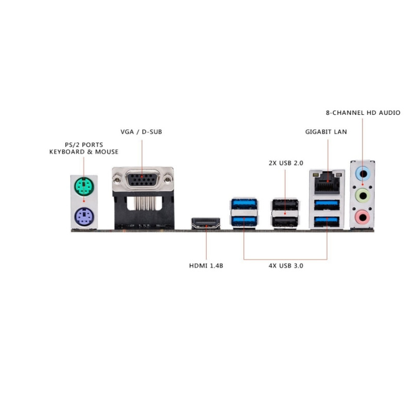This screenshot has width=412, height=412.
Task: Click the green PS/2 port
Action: (83, 185)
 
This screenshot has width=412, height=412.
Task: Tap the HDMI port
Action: (205, 224)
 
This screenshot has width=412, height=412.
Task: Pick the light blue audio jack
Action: (363, 173)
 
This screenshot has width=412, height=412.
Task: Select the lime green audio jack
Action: (363, 195)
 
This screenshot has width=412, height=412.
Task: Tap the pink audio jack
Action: (363, 216)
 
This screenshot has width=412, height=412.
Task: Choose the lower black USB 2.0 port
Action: (285, 221)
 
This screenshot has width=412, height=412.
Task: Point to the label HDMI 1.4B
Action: (206, 266)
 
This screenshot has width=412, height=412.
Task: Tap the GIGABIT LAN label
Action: (326, 132)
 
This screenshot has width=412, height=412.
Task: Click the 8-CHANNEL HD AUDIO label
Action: (363, 112)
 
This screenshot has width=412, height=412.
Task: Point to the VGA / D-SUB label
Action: (141, 132)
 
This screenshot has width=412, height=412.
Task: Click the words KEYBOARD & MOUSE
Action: (83, 151)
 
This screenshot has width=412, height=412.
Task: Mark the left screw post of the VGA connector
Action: (118, 181)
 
